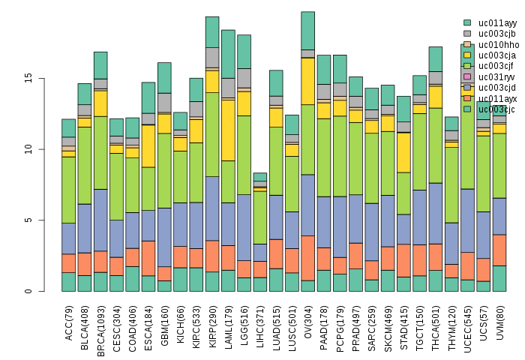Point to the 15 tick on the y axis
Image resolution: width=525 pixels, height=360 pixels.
(45, 78)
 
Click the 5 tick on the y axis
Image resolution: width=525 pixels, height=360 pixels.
(45, 220)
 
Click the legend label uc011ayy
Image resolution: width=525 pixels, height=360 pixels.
(496, 23)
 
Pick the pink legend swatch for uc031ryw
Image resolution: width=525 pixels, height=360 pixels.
(467, 76)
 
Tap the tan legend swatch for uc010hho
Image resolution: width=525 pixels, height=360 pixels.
(467, 44)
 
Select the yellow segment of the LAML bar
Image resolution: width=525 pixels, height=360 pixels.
(228, 130)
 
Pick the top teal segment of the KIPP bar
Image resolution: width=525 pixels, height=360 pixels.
(212, 31)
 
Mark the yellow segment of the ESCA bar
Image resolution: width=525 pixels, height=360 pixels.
(148, 145)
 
